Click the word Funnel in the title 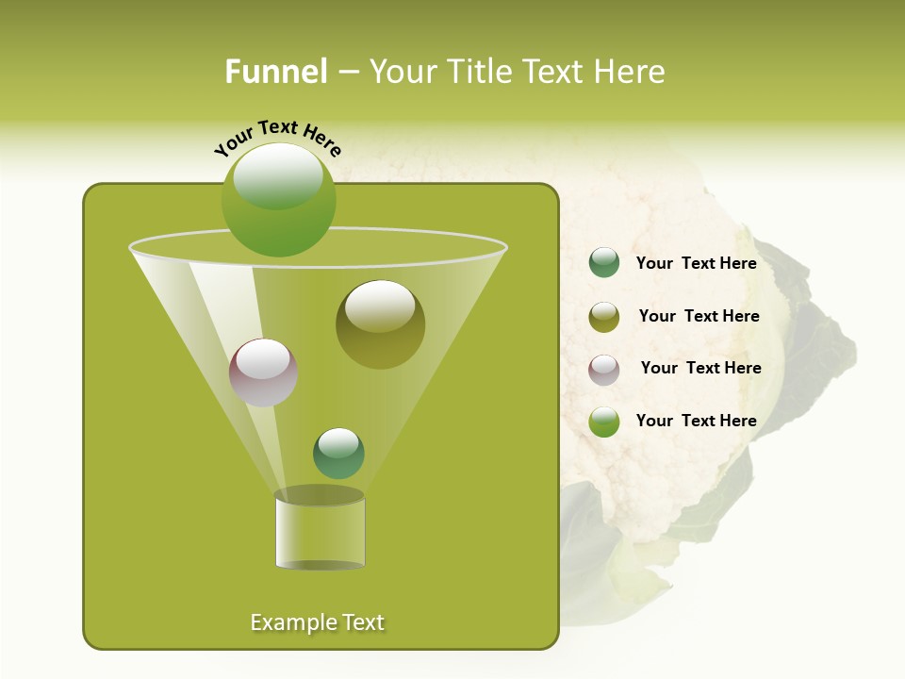click(276, 72)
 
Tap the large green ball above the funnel click(278, 199)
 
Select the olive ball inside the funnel click(380, 324)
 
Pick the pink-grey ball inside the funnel click(263, 373)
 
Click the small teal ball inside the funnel click(338, 453)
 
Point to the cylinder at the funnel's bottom click(320, 530)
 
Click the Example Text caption click(317, 622)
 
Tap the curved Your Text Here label click(277, 138)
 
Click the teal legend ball click(604, 263)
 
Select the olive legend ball click(604, 317)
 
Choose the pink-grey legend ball click(604, 369)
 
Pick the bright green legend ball click(604, 422)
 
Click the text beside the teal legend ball click(696, 264)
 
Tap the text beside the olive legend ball click(699, 316)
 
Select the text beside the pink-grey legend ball click(700, 368)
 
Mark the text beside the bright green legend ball click(696, 421)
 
